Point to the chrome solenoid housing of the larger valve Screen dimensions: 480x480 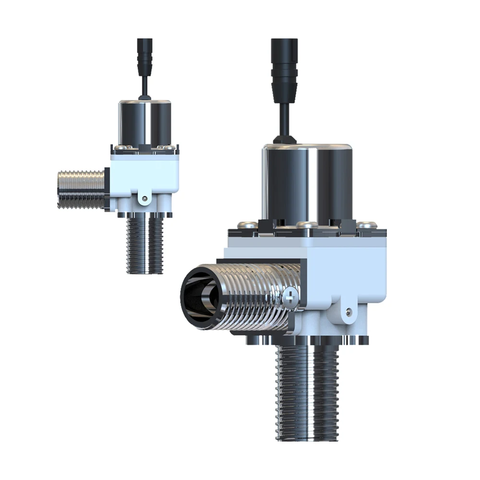(x=307, y=182)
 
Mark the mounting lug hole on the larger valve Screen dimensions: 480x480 (x=348, y=312)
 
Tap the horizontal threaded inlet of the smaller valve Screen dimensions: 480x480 (x=82, y=190)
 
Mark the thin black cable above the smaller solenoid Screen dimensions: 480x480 (x=144, y=86)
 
